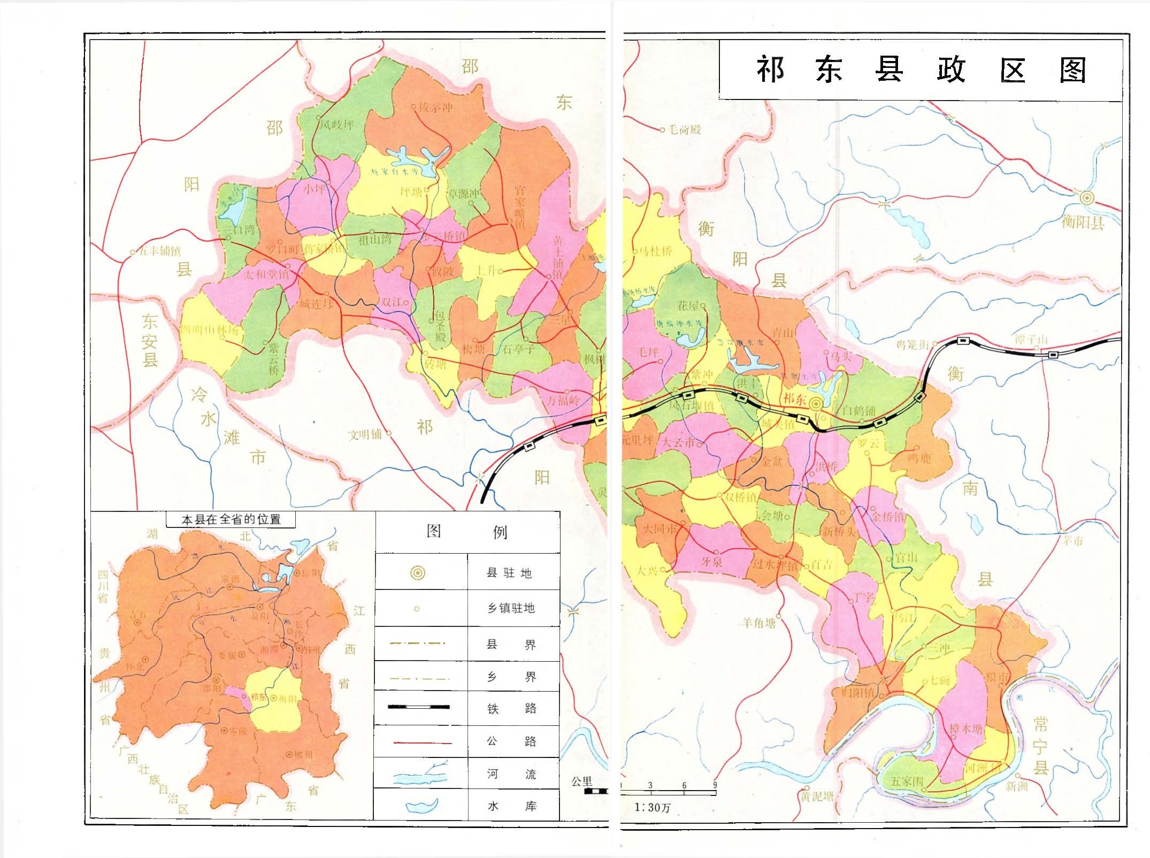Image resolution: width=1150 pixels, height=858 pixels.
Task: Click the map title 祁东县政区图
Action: coord(920,70)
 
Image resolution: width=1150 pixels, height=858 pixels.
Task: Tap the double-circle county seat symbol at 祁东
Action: coord(816,404)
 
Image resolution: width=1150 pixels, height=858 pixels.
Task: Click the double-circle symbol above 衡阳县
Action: coord(1086,198)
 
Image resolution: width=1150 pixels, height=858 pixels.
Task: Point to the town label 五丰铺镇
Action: coord(159,251)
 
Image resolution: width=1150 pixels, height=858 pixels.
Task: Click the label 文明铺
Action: coord(365,434)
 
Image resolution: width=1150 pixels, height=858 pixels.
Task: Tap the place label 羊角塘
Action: coord(759,622)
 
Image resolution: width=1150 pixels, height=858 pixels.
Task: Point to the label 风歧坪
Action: coord(337,125)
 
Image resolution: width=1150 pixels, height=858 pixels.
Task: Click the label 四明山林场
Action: coord(210,330)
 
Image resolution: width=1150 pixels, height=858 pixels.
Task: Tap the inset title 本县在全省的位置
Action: coord(231,519)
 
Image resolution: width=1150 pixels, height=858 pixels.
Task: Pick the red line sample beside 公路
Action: coord(423,742)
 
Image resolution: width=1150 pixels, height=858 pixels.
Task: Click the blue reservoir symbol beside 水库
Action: coord(421,806)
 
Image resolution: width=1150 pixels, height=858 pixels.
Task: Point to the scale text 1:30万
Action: coord(652,807)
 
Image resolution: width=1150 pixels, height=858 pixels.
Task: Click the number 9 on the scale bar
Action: coord(714,786)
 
